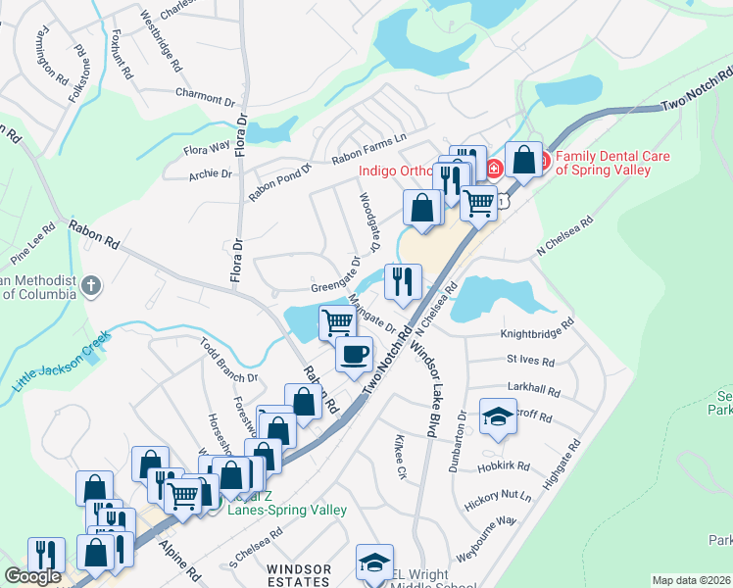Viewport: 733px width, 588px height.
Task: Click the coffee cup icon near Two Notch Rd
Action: tap(354, 354)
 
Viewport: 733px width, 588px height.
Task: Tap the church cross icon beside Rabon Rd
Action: tap(91, 287)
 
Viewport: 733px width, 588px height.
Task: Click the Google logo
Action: tap(32, 576)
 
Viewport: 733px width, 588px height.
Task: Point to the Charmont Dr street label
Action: tap(206, 98)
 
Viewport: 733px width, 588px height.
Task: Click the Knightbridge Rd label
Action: tap(537, 327)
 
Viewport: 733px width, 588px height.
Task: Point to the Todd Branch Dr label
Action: tap(228, 360)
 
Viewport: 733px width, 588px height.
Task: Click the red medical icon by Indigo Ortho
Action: tap(495, 168)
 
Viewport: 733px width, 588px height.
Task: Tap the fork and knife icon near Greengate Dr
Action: tap(403, 282)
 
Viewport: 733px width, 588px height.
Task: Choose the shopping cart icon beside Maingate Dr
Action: tap(336, 320)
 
